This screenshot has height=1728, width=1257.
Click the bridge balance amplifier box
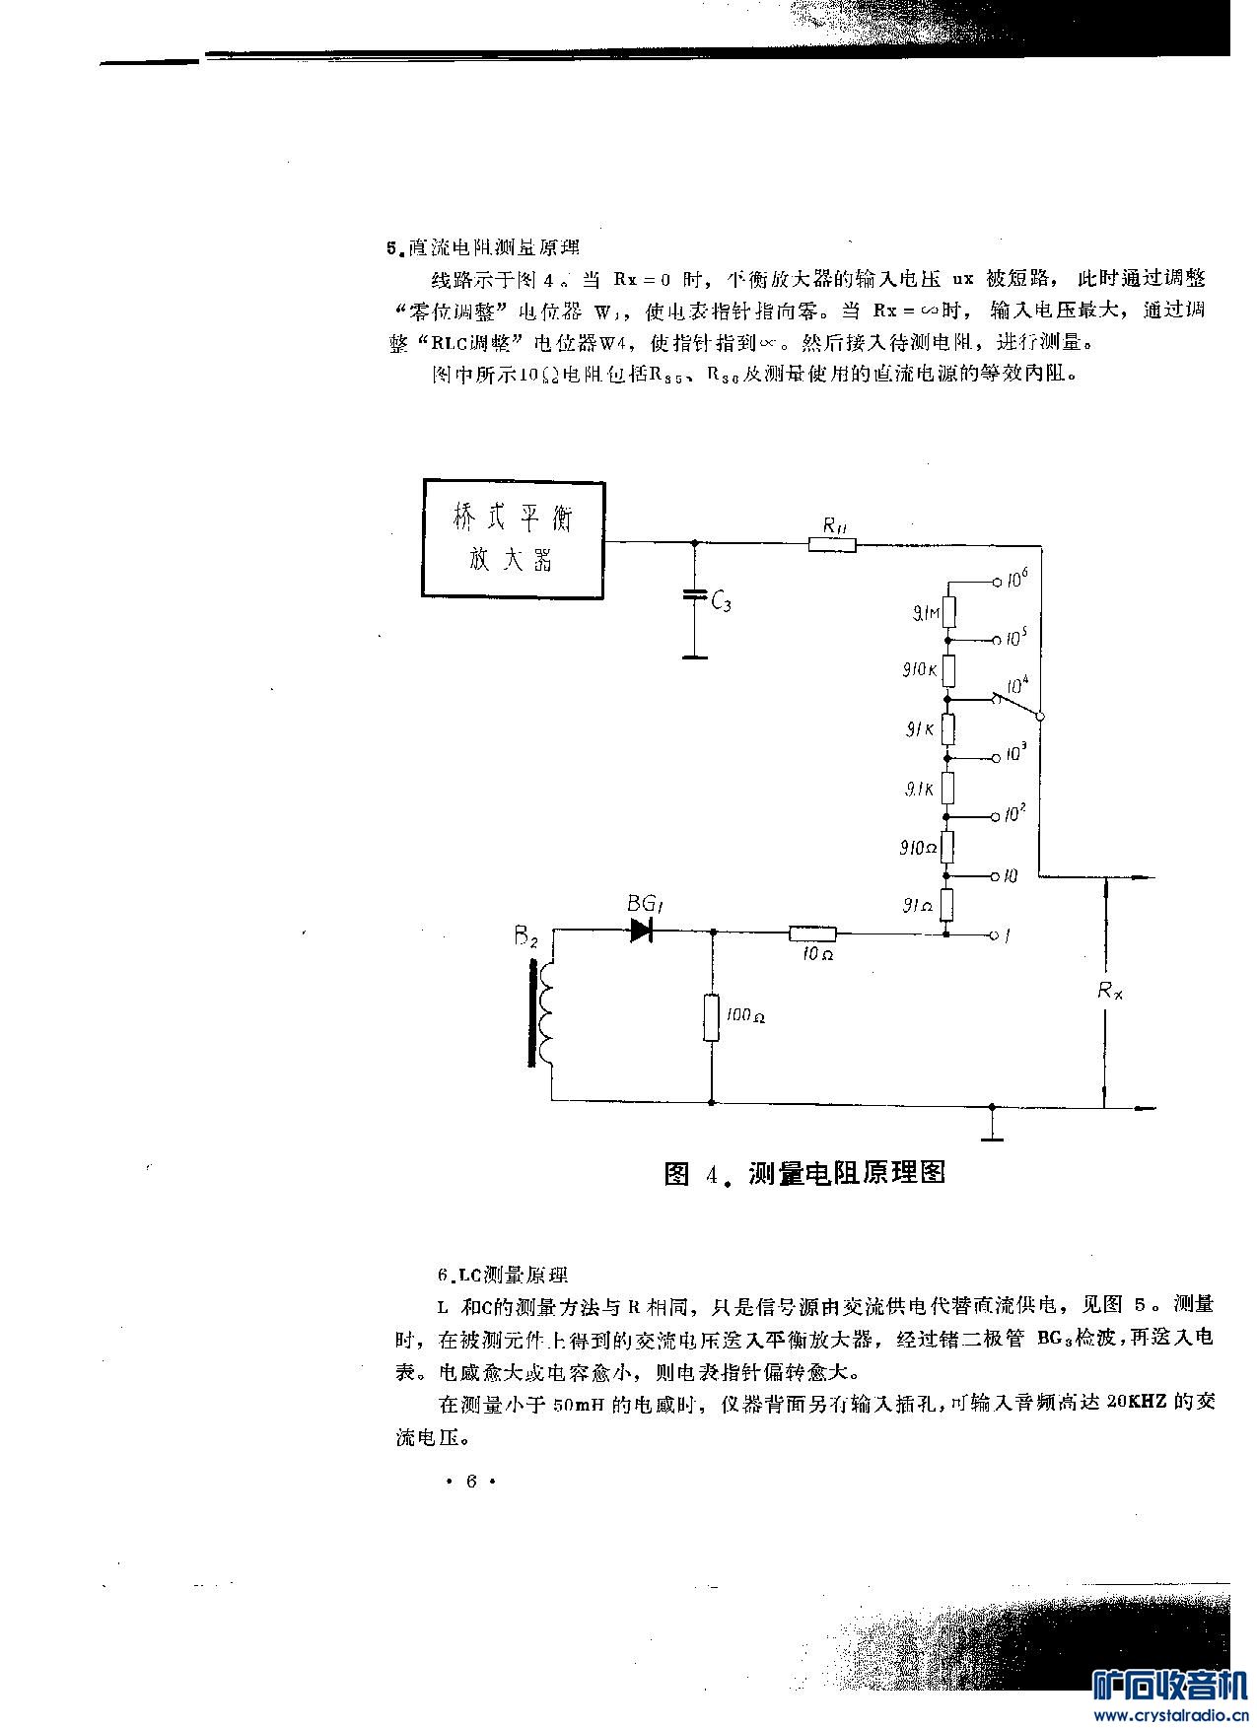[514, 539]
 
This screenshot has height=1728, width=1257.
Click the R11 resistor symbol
[832, 543]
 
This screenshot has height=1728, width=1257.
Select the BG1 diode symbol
[644, 930]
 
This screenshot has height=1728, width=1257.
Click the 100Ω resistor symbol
[711, 1017]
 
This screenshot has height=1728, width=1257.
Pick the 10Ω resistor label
[816, 955]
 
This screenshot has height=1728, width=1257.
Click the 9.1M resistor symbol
[947, 610]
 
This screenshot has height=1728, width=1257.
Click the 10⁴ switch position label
[1017, 684]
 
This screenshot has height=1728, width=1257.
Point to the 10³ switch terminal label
[1015, 754]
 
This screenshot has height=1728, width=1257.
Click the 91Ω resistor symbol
[946, 904]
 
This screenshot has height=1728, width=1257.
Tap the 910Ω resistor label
[917, 848]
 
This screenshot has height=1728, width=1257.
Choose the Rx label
[1110, 991]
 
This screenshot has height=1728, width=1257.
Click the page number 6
[470, 1481]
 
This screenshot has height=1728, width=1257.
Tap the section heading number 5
[391, 248]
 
